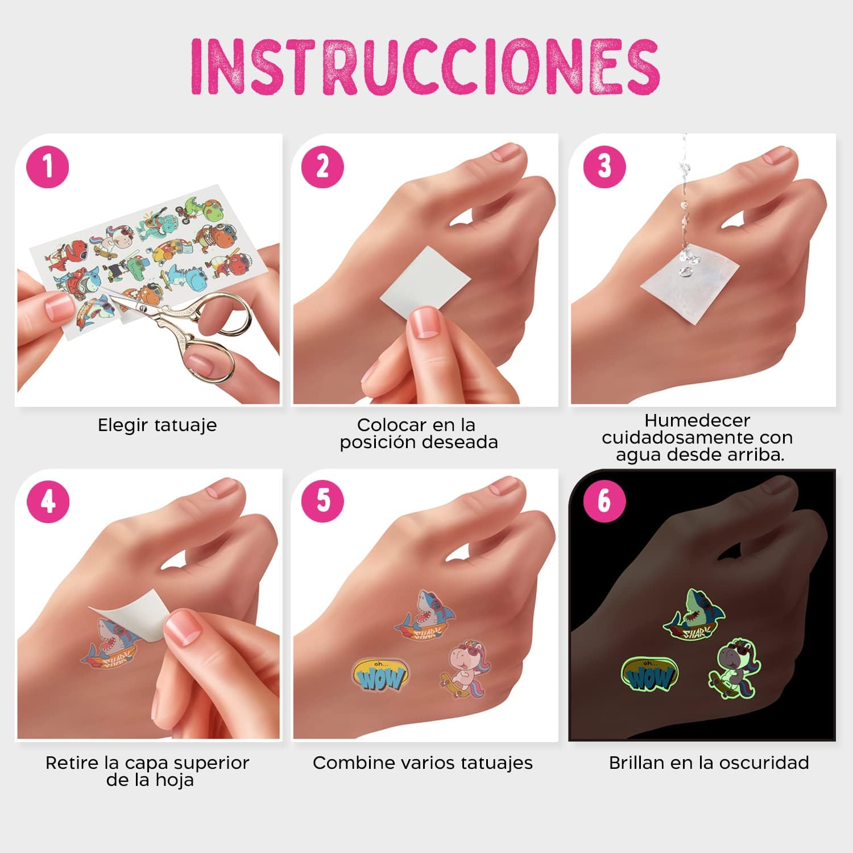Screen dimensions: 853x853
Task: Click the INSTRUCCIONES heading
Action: click(x=425, y=67)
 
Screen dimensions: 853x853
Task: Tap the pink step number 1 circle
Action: click(x=48, y=167)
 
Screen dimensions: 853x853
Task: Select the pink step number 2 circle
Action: click(x=322, y=167)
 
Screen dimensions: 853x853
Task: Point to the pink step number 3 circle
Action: click(x=604, y=167)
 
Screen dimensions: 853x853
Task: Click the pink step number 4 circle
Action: click(x=48, y=501)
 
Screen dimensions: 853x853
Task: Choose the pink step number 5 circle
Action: click(x=322, y=501)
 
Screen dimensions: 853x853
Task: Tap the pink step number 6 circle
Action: click(x=604, y=501)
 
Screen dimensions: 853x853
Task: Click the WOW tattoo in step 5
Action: click(x=380, y=674)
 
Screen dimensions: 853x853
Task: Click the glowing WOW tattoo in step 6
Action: click(x=650, y=674)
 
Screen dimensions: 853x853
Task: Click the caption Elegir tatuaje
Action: click(x=157, y=425)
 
